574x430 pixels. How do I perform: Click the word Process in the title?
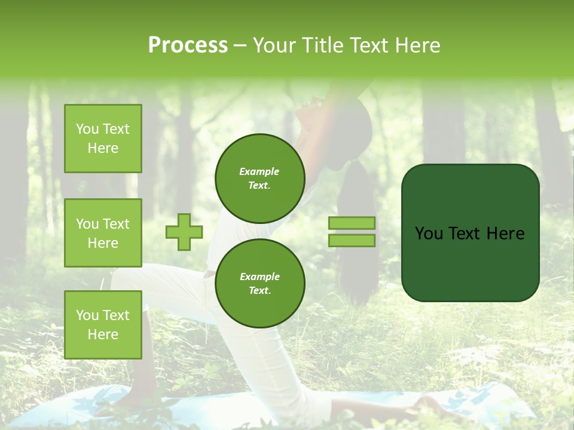pyautogui.click(x=188, y=45)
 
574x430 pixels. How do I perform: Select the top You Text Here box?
pyautogui.click(x=103, y=139)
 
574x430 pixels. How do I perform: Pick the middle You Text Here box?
pyautogui.click(x=103, y=233)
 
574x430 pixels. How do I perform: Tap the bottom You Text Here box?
pyautogui.click(x=103, y=325)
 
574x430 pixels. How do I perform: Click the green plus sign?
pyautogui.click(x=184, y=232)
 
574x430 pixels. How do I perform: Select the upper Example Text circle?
pyautogui.click(x=259, y=178)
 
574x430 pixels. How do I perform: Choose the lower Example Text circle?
pyautogui.click(x=259, y=283)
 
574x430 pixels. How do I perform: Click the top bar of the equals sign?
pyautogui.click(x=352, y=223)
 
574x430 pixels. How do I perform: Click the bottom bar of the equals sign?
pyautogui.click(x=352, y=240)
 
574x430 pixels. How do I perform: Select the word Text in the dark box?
pyautogui.click(x=464, y=234)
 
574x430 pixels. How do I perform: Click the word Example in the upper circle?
pyautogui.click(x=259, y=171)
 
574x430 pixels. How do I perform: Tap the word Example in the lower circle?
pyautogui.click(x=259, y=277)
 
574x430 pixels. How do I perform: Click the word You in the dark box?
pyautogui.click(x=429, y=234)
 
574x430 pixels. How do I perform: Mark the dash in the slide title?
pyautogui.click(x=240, y=45)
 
